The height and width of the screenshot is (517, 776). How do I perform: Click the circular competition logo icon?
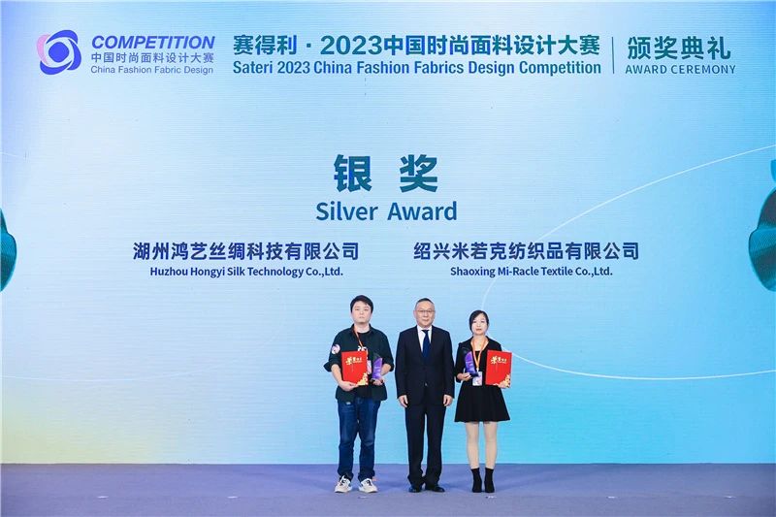[x=59, y=51]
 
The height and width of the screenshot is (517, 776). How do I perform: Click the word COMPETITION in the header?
[x=152, y=43]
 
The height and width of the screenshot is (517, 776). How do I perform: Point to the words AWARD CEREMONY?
[x=680, y=69]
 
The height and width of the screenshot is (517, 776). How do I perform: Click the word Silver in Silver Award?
[x=348, y=210]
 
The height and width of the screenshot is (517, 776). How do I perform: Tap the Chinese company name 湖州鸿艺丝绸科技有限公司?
[x=245, y=251]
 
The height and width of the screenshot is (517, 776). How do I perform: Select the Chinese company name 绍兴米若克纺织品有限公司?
[x=526, y=251]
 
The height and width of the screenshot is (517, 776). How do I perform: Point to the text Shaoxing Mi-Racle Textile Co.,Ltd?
[x=531, y=272]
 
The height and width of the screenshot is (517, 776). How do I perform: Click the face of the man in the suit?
[x=424, y=313]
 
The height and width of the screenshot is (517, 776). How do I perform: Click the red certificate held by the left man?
[x=355, y=367]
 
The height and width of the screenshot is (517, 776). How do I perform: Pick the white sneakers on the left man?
[x=355, y=483]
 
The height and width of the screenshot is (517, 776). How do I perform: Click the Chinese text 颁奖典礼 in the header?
[x=679, y=47]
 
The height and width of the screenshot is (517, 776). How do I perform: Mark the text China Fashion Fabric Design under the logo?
[x=152, y=69]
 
